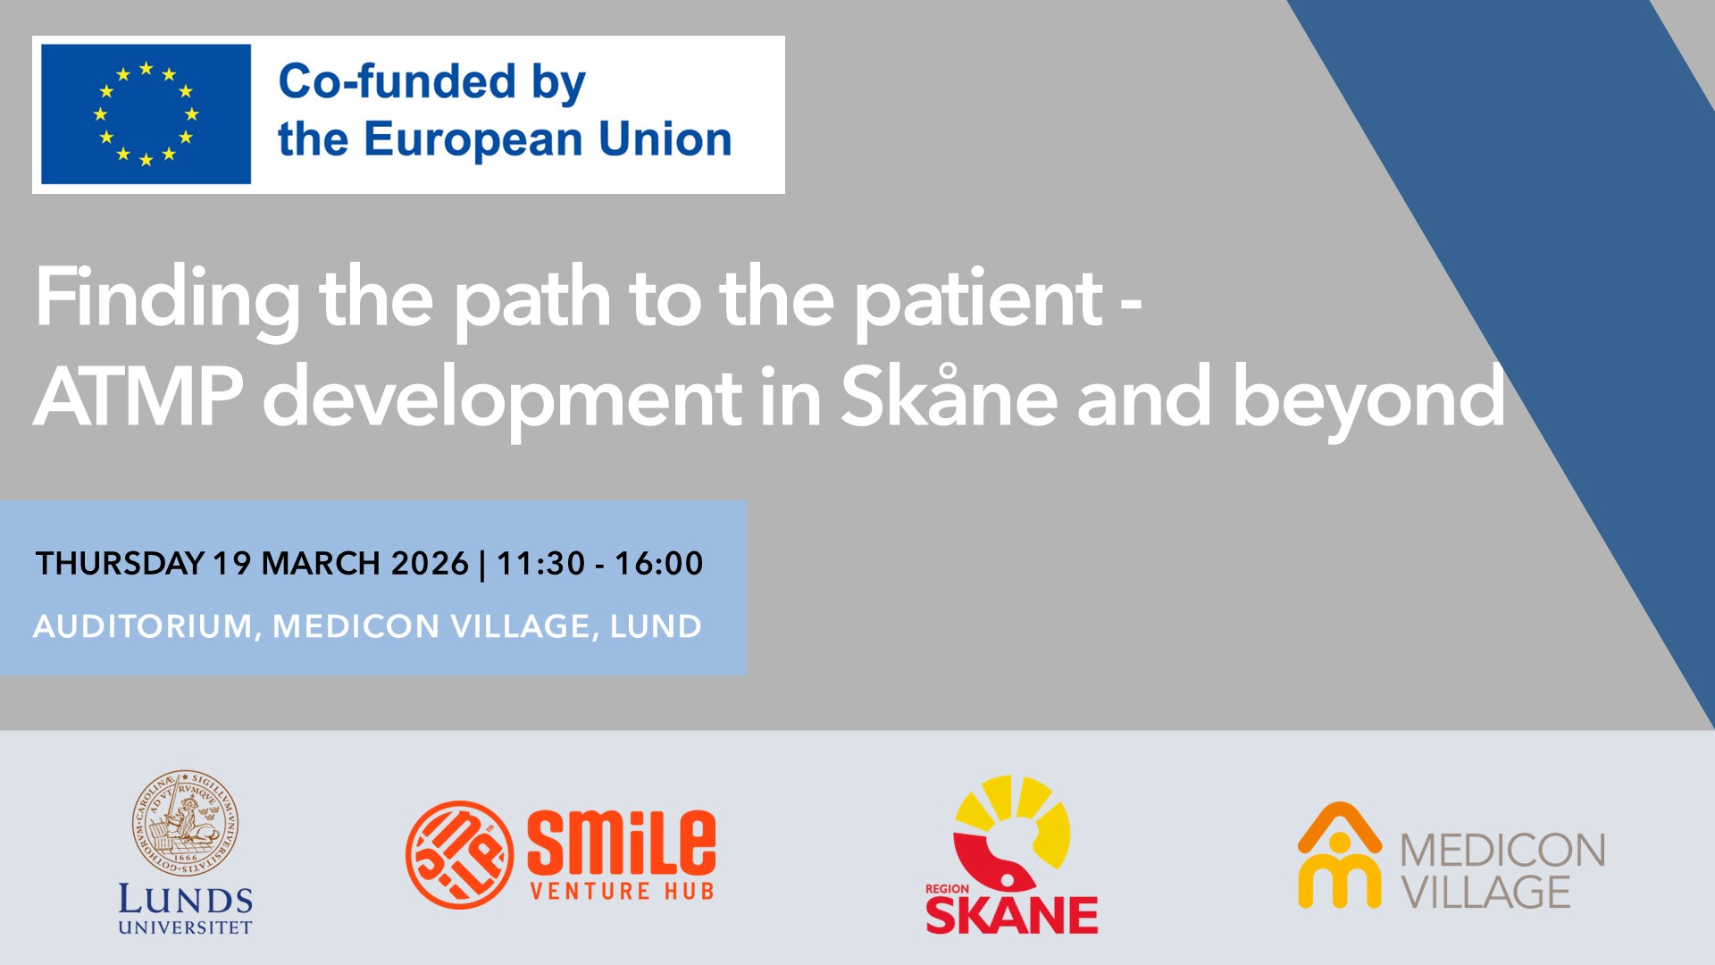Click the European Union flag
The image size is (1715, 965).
[x=146, y=114]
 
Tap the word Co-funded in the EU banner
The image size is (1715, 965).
[x=397, y=81]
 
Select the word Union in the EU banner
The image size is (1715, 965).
[x=665, y=139]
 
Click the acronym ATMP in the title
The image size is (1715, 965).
[x=138, y=396]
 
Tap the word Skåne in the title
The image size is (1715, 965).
[x=950, y=396]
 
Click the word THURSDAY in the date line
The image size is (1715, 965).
[x=121, y=564]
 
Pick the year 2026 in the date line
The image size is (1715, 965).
[x=430, y=564]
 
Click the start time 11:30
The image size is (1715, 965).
[x=540, y=564]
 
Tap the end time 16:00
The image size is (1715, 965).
[x=659, y=564]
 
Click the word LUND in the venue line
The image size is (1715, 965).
[x=656, y=626]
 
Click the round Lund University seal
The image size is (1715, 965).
[x=186, y=823]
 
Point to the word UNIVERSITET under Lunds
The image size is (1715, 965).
[x=186, y=927]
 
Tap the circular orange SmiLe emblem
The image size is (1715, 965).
[x=459, y=854]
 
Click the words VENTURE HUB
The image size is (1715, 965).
[x=622, y=891]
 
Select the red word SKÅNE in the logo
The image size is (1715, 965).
[x=1012, y=913]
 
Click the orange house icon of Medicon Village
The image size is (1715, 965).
[x=1339, y=855]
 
